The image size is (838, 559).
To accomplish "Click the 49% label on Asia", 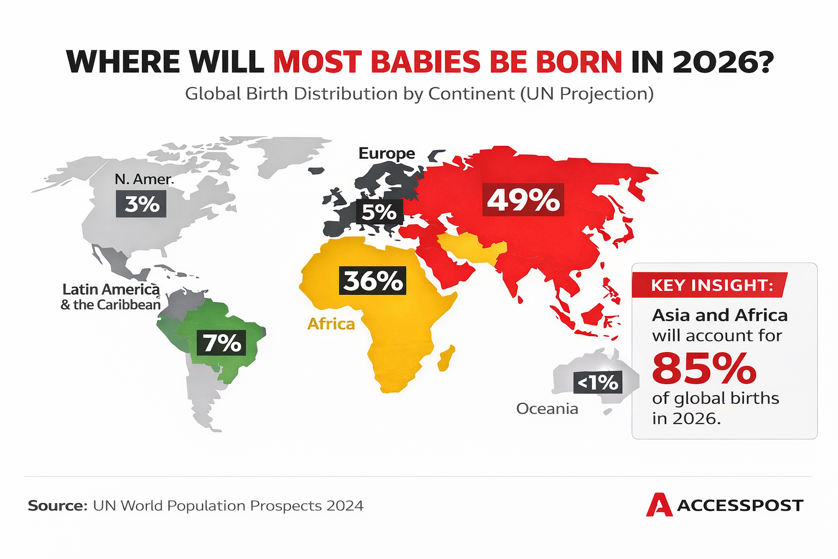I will [523, 200].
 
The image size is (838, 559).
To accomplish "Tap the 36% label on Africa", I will [373, 281].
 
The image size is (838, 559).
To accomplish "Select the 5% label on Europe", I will [379, 212].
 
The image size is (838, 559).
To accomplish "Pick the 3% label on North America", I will [142, 204].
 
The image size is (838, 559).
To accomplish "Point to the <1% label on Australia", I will [598, 382].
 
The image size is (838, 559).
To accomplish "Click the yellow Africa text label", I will [331, 324].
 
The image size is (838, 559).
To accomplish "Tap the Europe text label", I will [386, 153].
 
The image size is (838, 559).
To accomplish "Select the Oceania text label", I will [547, 408].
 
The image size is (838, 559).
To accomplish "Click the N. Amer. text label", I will [144, 179].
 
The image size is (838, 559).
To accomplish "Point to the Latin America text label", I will [111, 289].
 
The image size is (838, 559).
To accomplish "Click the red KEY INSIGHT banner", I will [709, 285].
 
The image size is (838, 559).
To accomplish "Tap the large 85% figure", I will [704, 368].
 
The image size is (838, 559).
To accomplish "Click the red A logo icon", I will [659, 505].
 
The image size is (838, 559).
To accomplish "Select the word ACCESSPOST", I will [740, 506].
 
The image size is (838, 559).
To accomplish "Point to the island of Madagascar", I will [446, 358].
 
